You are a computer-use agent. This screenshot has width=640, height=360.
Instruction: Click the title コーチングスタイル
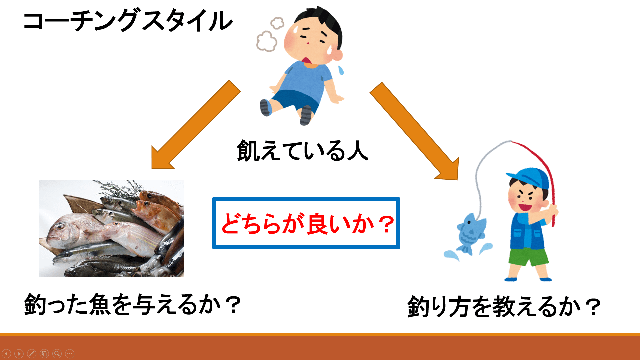(x=128, y=21)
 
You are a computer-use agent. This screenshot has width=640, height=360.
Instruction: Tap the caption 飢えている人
(x=303, y=151)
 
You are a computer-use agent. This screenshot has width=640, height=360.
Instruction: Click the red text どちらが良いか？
(x=307, y=224)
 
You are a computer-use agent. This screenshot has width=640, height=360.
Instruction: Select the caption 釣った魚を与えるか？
(x=132, y=304)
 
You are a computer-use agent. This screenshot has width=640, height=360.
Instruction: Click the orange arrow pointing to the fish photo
(x=196, y=125)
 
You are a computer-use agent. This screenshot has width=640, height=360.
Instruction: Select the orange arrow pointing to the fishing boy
(x=414, y=131)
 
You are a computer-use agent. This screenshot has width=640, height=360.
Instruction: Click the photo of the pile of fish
(x=112, y=228)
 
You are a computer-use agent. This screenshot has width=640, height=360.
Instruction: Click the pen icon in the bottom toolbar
(x=32, y=353)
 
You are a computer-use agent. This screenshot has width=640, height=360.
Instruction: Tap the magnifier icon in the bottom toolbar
(x=57, y=353)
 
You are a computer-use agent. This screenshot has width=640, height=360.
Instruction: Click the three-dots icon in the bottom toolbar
(x=70, y=353)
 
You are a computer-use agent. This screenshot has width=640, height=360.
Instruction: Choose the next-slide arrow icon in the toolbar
(x=19, y=353)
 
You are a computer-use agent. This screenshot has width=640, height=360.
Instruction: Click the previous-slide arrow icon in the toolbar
(x=6, y=353)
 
